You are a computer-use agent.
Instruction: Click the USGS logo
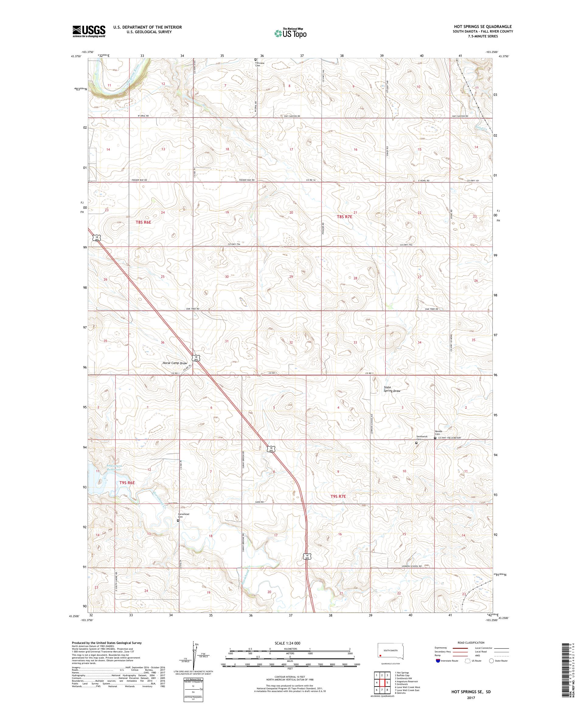click(x=89, y=31)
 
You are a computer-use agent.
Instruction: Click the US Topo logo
click(x=291, y=33)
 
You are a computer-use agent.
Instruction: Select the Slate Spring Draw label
click(x=392, y=389)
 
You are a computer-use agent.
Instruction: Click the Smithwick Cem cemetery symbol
click(x=416, y=443)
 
